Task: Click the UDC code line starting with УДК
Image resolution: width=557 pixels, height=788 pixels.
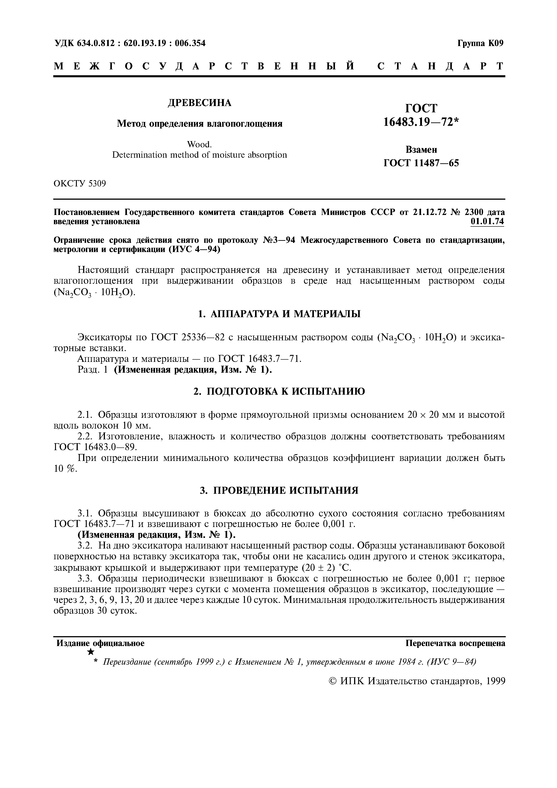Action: coord(130,43)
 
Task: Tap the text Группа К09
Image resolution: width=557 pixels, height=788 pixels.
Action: coord(480,43)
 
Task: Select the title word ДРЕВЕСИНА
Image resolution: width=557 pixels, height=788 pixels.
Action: coord(199,103)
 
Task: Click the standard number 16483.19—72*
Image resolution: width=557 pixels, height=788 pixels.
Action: coord(421,122)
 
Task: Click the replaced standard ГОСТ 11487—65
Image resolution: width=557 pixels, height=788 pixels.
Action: coord(421,163)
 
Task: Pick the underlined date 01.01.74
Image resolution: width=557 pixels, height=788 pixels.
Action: coord(487,222)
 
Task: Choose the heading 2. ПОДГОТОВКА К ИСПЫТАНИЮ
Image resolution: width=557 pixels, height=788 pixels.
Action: coord(279,391)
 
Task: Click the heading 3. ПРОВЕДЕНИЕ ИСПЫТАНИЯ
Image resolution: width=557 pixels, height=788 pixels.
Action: coord(279,490)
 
